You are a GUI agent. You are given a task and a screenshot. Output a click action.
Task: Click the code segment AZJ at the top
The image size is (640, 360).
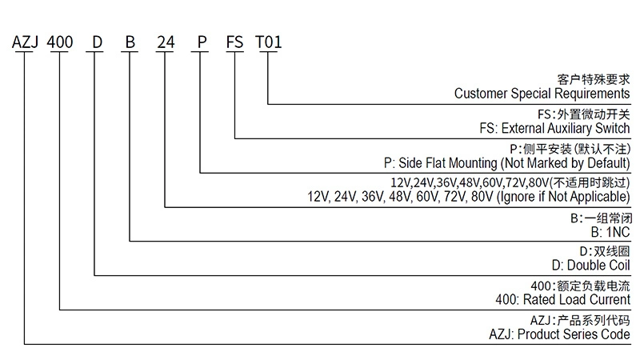coord(25,42)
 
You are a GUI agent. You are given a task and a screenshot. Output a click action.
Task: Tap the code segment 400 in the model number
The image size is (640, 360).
coord(61,42)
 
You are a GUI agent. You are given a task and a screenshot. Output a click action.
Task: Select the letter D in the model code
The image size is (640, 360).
coord(96,42)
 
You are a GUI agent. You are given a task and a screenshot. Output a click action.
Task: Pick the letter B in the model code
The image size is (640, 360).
coord(130,42)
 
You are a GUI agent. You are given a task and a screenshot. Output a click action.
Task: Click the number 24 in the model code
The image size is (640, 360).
coord(166,42)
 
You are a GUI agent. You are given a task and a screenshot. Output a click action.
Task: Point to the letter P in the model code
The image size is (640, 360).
coord(201,42)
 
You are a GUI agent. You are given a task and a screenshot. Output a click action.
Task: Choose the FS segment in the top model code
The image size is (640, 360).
coord(235,42)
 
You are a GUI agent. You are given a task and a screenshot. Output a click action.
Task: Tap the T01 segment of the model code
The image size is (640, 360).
coord(269,42)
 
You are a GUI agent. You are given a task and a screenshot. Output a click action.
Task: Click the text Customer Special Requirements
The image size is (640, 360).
coord(542,94)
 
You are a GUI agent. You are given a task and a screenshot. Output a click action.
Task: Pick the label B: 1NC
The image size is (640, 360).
coord(610,231)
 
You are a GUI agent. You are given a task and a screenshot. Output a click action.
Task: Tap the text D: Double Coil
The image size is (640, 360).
coord(591,266)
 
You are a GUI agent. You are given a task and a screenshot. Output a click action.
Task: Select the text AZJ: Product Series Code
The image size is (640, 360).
coord(559,334)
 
